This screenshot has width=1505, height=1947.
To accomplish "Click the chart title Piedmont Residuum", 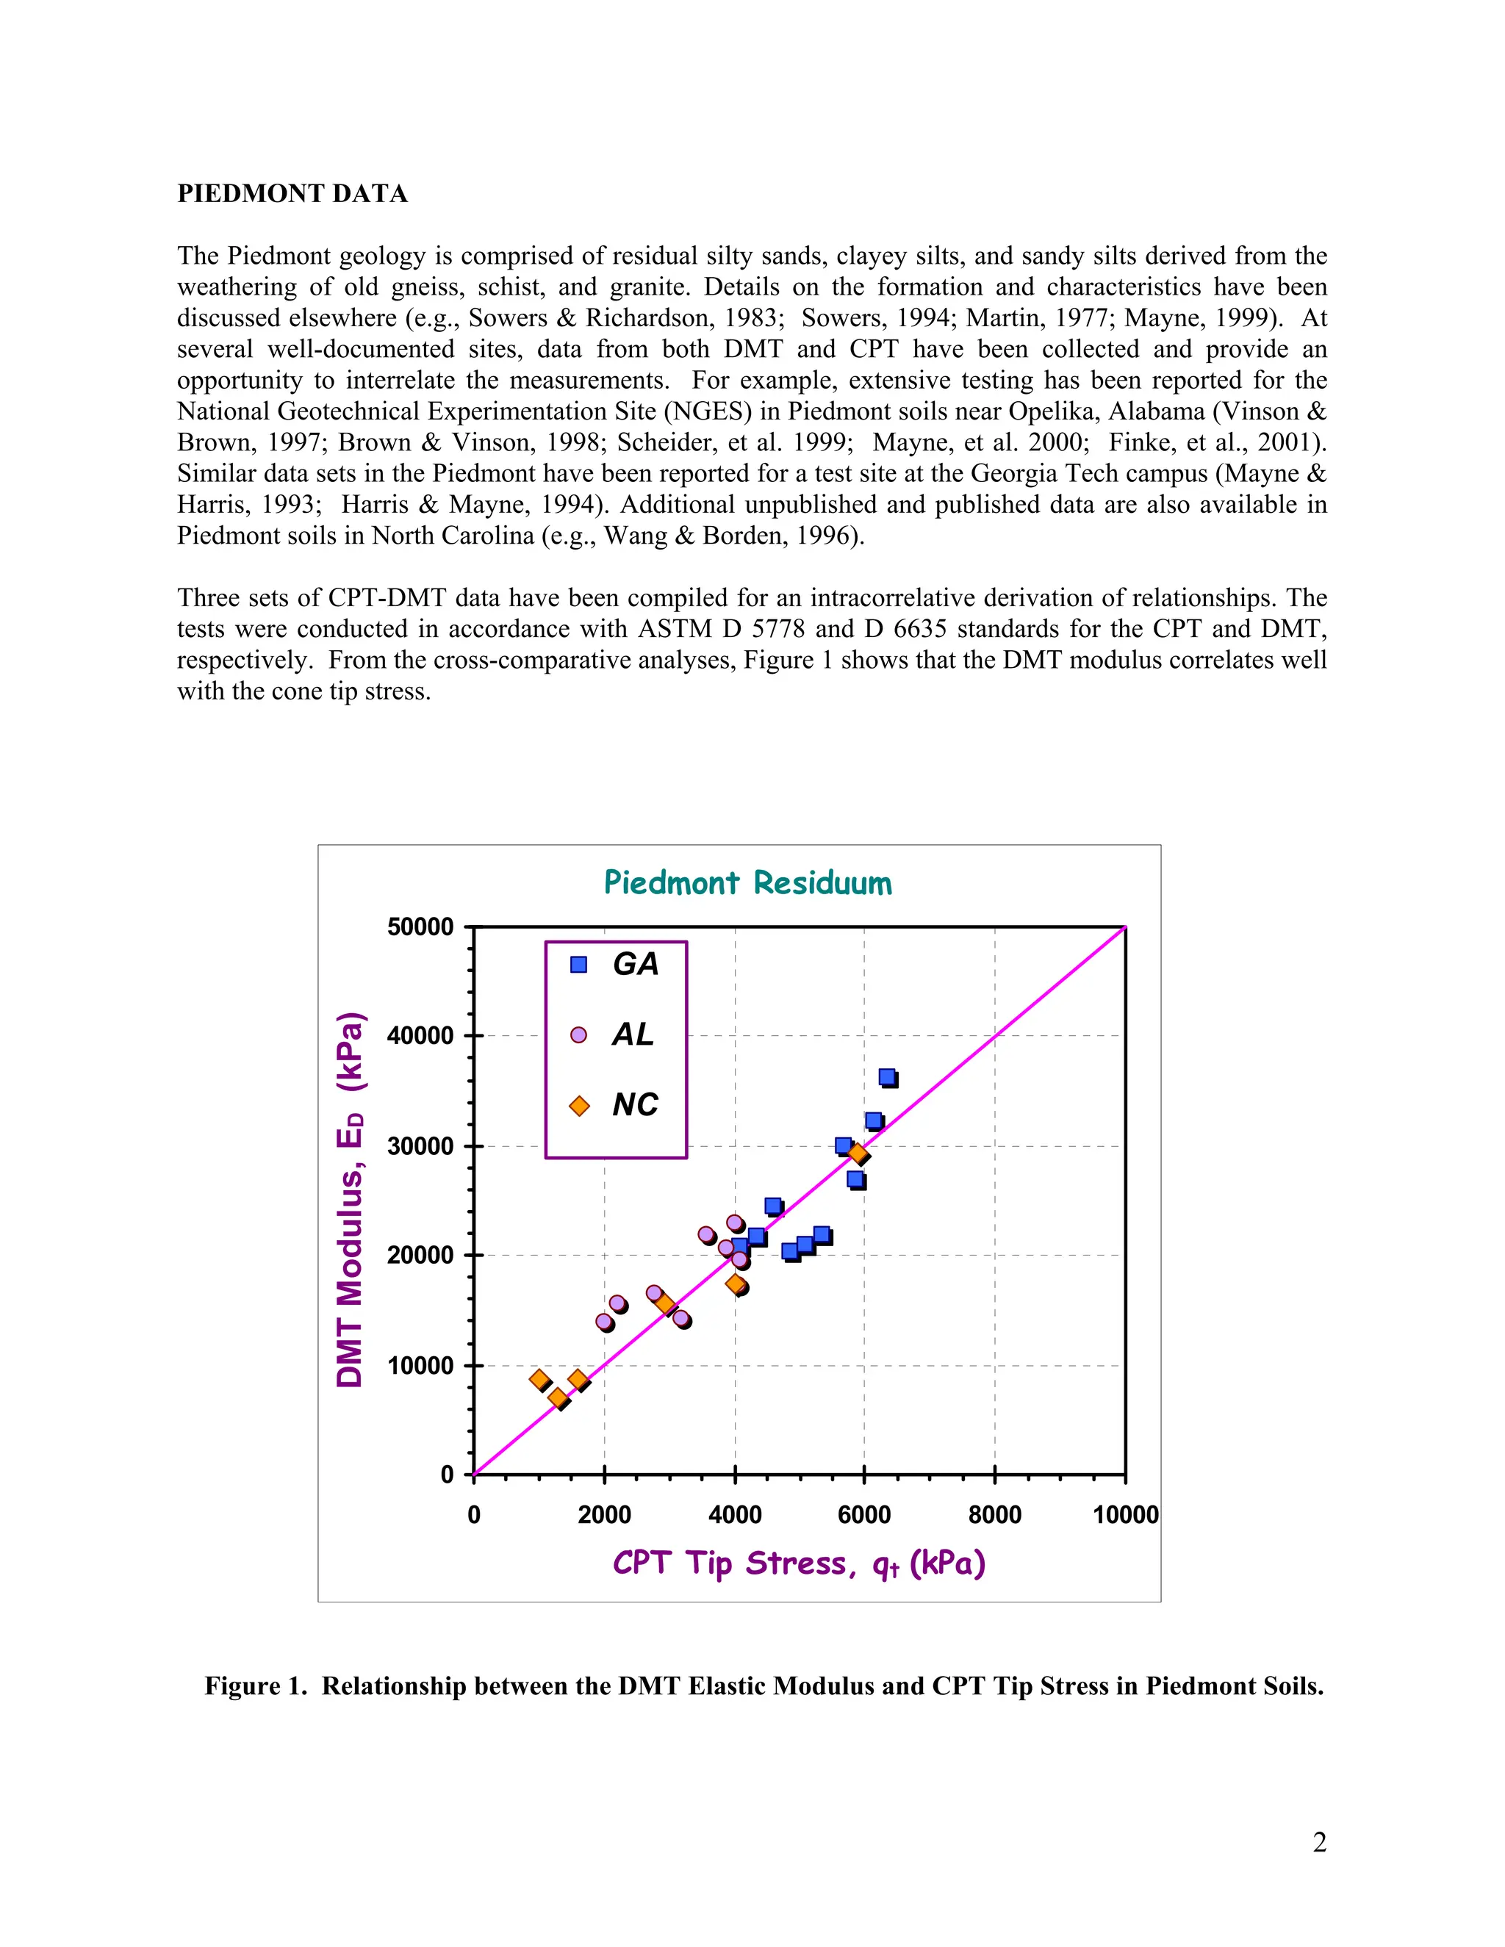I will coord(747,882).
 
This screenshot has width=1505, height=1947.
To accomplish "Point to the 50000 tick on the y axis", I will coord(420,927).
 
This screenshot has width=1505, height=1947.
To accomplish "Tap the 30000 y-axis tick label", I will coord(420,1146).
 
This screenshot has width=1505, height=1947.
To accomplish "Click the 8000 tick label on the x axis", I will coord(994,1515).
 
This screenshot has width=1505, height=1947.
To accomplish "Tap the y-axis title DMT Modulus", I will coord(350,1200).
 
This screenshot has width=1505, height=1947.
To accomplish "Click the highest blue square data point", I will coord(887,1077).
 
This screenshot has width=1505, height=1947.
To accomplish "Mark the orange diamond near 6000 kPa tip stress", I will coord(858,1154).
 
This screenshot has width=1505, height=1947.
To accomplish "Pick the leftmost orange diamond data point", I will coord(539,1379).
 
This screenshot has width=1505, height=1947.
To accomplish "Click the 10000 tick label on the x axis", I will coord(1125,1515).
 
